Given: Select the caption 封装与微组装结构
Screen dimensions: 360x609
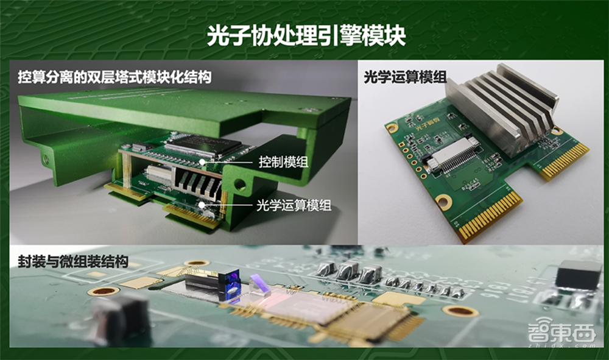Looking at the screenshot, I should click(72, 261).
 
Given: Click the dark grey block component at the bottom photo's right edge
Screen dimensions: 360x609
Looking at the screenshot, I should click(578, 275).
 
